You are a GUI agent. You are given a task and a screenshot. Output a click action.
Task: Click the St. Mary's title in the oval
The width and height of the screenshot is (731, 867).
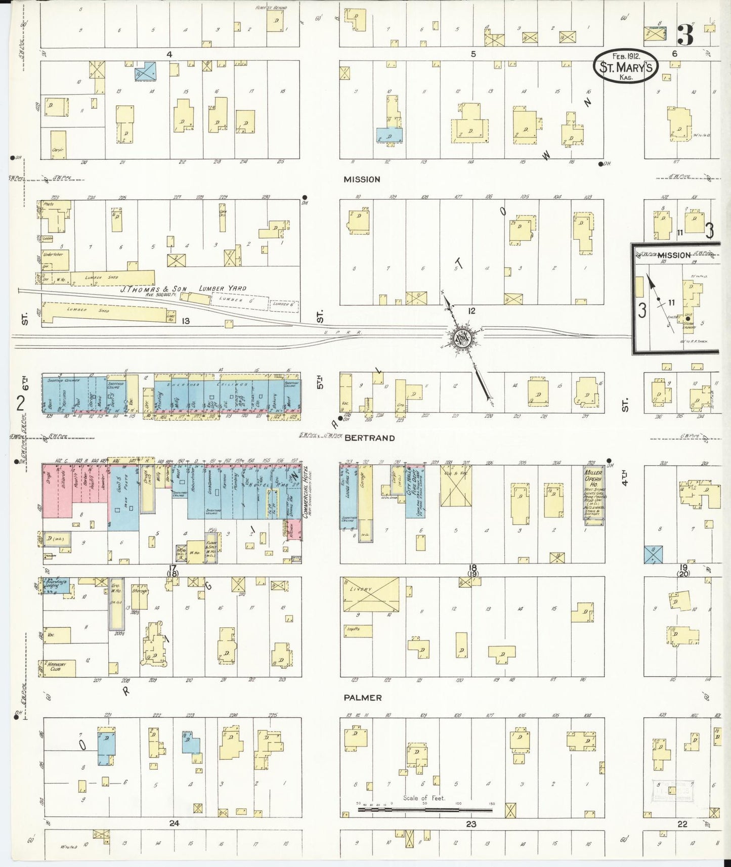tap(626, 66)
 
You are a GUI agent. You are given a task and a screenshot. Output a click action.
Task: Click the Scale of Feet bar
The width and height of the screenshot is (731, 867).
tap(425, 810)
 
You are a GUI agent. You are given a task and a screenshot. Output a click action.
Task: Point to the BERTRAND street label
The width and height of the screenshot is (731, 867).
tap(370, 438)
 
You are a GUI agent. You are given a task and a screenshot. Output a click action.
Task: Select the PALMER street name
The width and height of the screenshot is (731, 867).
tap(362, 698)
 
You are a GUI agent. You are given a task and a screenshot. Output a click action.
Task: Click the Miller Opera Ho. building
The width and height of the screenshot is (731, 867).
tap(594, 494)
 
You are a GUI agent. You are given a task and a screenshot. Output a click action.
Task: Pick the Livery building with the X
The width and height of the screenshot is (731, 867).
tap(370, 595)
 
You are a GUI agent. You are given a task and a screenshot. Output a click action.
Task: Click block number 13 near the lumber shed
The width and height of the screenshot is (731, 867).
tap(186, 320)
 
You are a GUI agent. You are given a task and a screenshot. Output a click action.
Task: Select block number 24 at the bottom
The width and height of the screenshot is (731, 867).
tap(174, 823)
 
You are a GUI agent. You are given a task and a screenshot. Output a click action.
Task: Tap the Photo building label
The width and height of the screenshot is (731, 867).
tap(49, 204)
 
